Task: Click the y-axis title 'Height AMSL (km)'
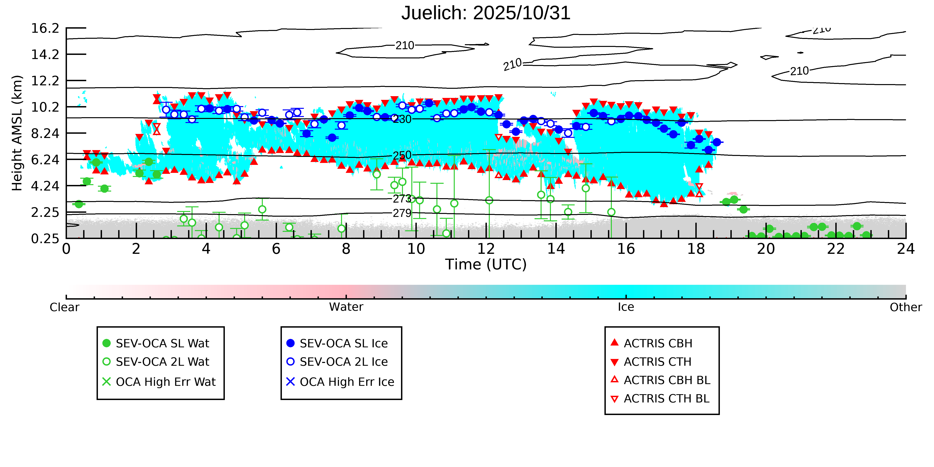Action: coord(17,133)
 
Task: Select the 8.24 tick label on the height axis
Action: coord(45,133)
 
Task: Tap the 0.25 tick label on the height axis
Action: coord(45,239)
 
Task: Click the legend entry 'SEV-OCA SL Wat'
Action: coord(162,343)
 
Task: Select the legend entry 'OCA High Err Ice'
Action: coord(347,382)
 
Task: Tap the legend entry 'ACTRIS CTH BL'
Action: coord(666,398)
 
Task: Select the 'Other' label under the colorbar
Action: coord(905,307)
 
